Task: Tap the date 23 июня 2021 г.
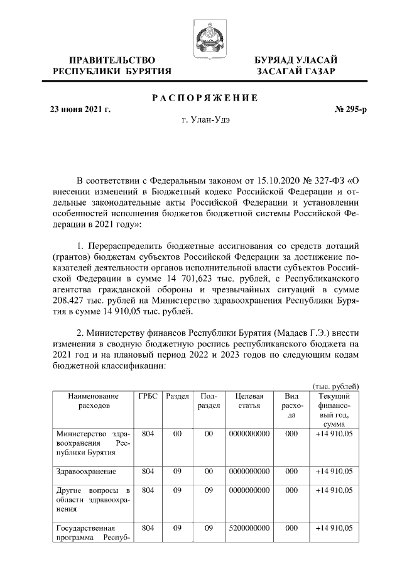80,109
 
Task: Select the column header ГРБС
147,397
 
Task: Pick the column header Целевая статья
249,401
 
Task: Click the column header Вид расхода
291,406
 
